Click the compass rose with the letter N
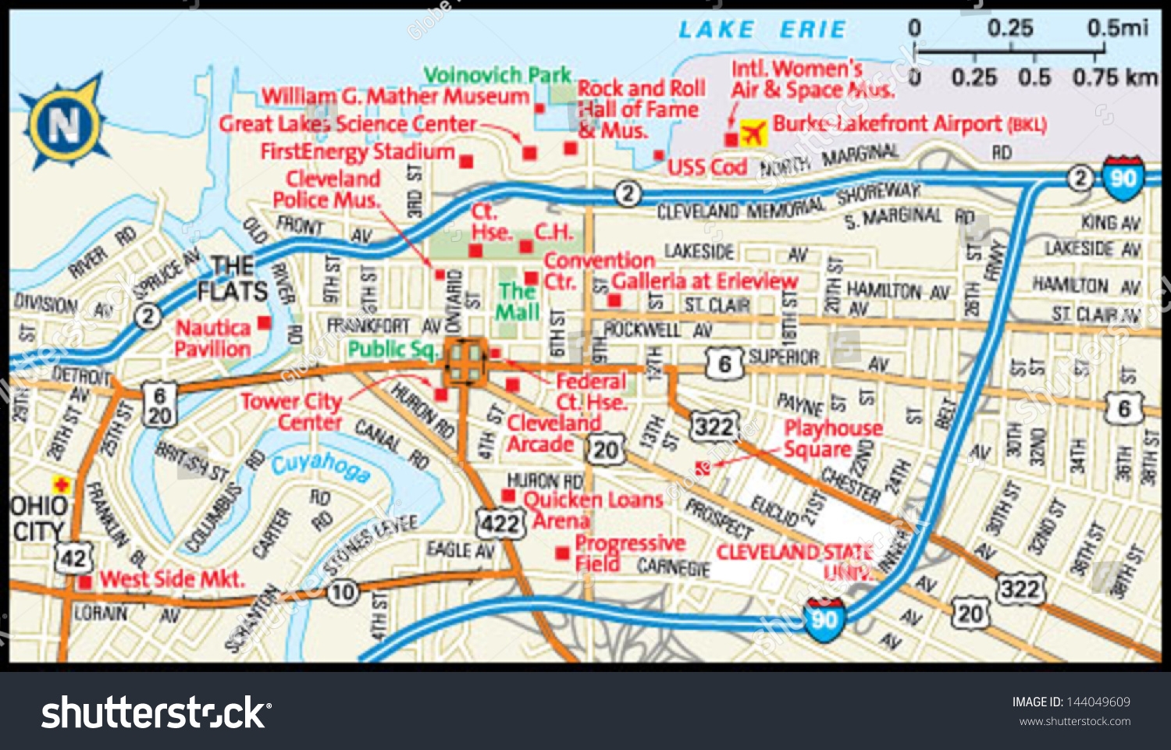pyautogui.click(x=64, y=123)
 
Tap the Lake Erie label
pyautogui.click(x=762, y=30)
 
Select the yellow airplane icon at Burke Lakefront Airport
pyautogui.click(x=753, y=133)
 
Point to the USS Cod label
pyautogui.click(x=707, y=167)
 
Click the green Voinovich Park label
pyautogui.click(x=497, y=75)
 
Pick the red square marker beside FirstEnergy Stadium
pyautogui.click(x=466, y=162)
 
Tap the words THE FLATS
pyautogui.click(x=232, y=279)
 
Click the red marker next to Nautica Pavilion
pyautogui.click(x=265, y=322)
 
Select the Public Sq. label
pyautogui.click(x=391, y=349)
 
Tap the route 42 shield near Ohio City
pyautogui.click(x=73, y=557)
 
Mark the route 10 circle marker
pyautogui.click(x=343, y=593)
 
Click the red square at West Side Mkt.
pyautogui.click(x=85, y=581)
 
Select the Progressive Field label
pyautogui.click(x=628, y=553)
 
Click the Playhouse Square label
pyautogui.click(x=832, y=439)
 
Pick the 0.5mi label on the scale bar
pyautogui.click(x=1117, y=28)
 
